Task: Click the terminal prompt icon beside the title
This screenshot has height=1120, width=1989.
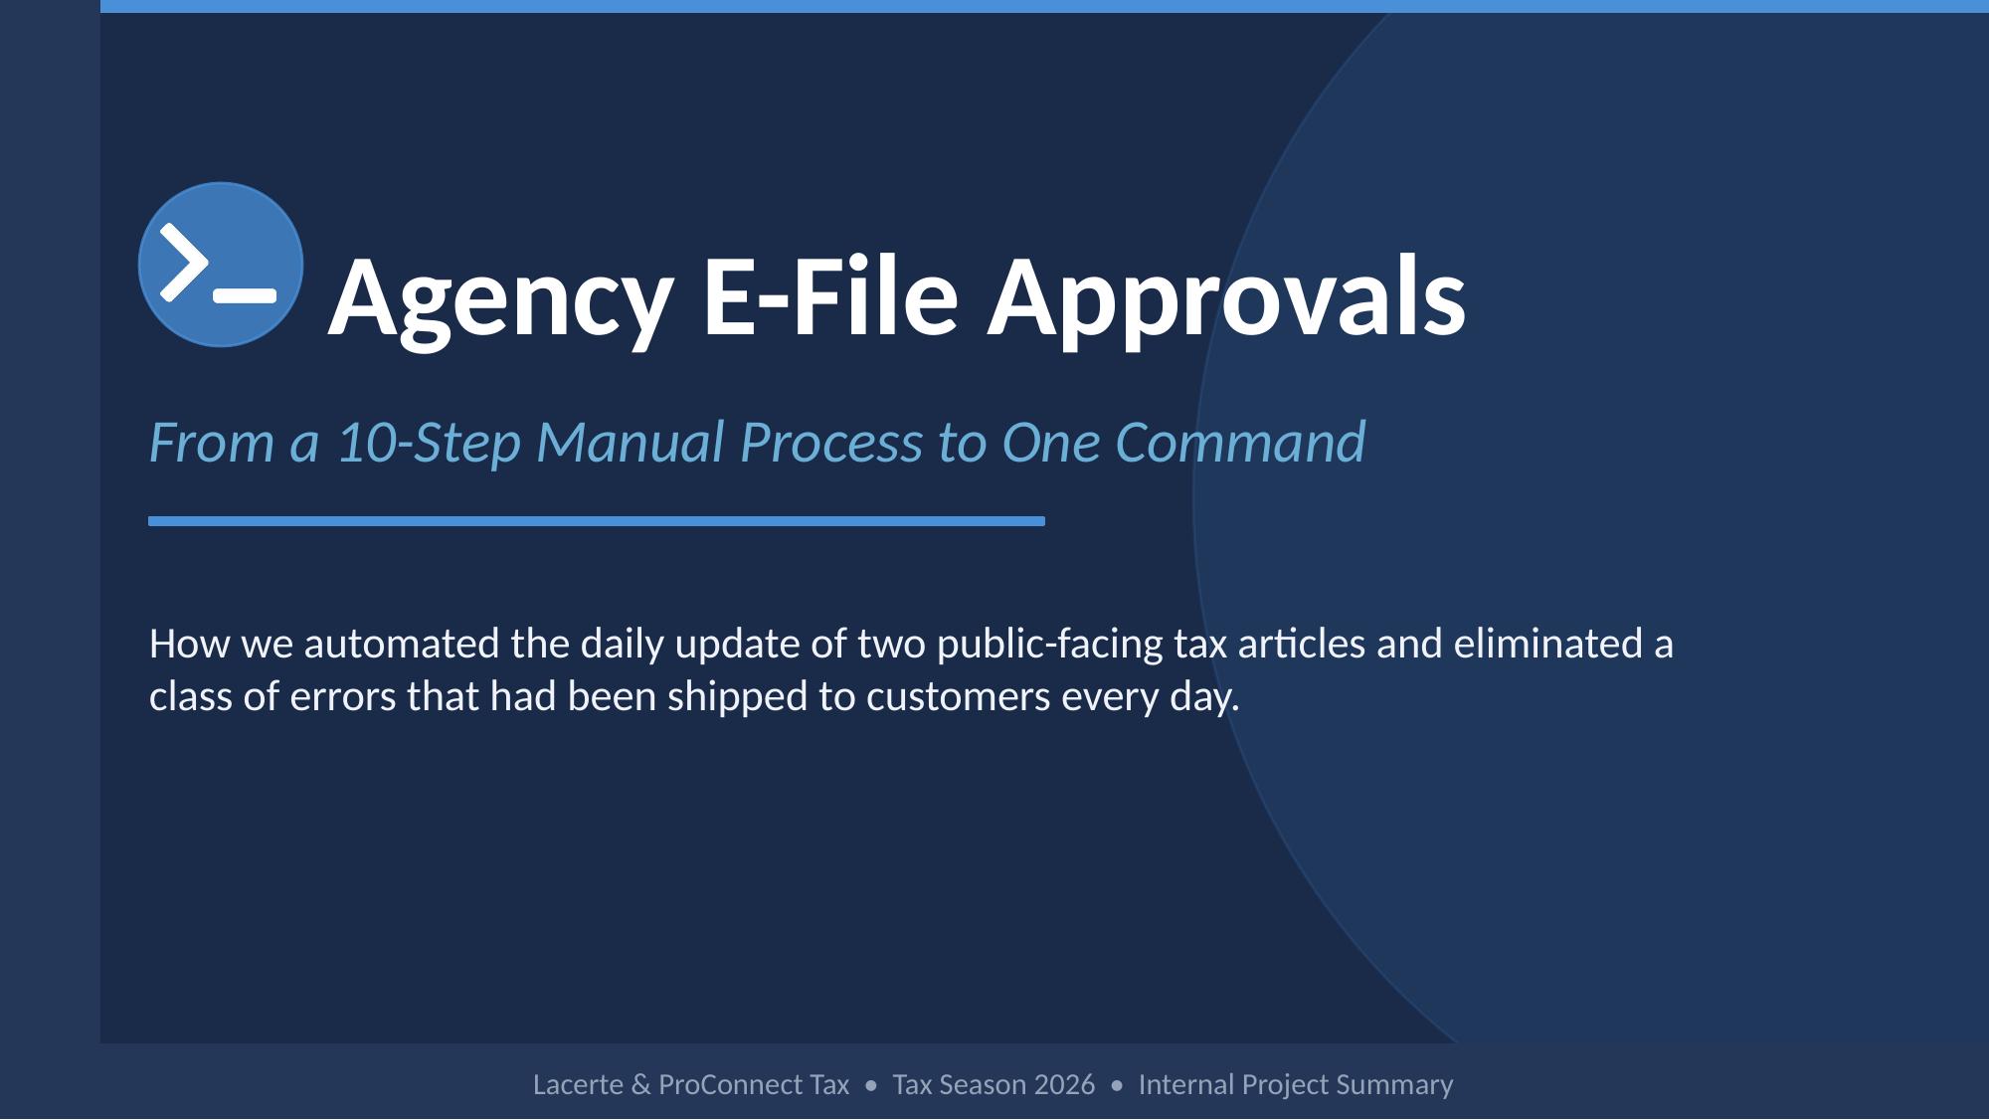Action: click(221, 265)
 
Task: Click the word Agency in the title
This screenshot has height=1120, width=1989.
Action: click(500, 297)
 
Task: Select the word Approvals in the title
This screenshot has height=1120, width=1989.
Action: click(1225, 297)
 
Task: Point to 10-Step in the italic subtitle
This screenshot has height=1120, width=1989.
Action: click(430, 443)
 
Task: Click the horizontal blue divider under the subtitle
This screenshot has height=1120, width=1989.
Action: click(597, 521)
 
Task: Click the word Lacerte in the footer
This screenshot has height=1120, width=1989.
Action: click(579, 1084)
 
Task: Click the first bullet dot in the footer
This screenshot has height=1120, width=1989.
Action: click(871, 1085)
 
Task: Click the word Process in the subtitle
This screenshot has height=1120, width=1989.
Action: click(831, 443)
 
